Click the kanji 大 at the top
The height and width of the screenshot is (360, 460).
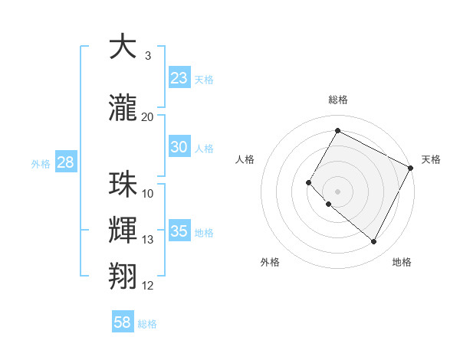[123, 47]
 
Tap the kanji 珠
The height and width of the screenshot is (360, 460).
[123, 185]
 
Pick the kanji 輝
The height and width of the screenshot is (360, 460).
[123, 231]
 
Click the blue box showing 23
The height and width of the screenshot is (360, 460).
[179, 77]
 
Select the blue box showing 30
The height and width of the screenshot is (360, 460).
[179, 147]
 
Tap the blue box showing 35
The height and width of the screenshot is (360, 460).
[179, 231]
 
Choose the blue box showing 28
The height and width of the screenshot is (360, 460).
[64, 162]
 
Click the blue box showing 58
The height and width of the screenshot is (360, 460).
[123, 322]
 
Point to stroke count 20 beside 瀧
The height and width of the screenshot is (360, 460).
[148, 117]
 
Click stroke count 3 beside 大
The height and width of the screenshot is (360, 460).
[148, 56]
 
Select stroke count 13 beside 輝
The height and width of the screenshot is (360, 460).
[148, 240]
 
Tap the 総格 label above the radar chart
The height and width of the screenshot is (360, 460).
[337, 100]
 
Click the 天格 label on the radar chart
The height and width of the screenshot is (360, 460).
[431, 159]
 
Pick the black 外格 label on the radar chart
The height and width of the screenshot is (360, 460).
[270, 262]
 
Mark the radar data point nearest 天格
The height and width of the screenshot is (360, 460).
[411, 168]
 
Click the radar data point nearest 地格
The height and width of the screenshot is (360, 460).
[374, 242]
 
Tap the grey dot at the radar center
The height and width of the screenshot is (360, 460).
[337, 191]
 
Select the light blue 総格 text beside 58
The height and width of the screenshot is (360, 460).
[147, 324]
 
